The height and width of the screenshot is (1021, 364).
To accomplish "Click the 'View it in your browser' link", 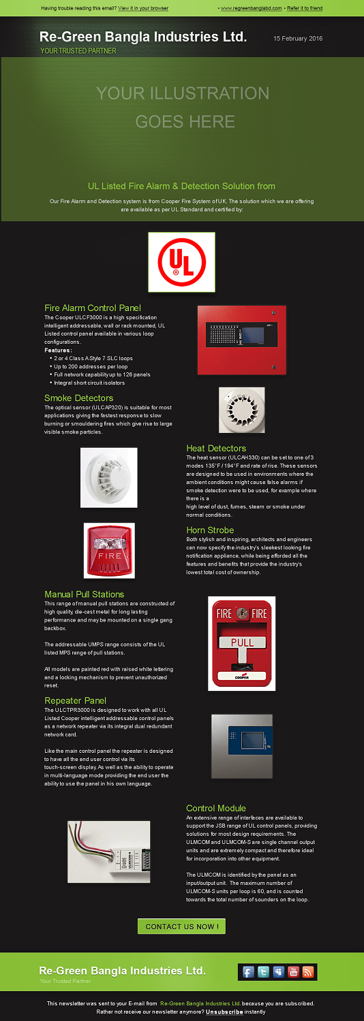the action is [143, 8].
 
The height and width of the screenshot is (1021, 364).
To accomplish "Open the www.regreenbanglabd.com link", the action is [251, 8].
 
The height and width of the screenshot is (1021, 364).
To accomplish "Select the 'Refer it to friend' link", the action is [305, 8].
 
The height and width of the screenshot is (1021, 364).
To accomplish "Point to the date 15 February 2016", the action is [298, 39].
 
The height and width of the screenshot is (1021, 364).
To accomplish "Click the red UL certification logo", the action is [181, 262].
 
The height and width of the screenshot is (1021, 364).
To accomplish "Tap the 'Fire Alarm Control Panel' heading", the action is [93, 308].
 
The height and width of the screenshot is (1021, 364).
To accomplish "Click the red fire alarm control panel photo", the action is [241, 340].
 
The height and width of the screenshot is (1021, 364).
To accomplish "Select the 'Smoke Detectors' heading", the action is [79, 398].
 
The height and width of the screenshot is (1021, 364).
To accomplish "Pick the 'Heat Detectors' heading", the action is [216, 448].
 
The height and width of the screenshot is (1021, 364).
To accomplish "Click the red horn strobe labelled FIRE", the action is [109, 550].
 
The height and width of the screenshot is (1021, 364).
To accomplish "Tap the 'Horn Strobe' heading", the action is [210, 530].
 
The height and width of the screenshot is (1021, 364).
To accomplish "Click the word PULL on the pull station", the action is [242, 642].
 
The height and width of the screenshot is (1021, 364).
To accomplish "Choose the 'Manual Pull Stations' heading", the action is [85, 594].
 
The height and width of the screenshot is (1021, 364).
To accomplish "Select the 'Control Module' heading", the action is [216, 808].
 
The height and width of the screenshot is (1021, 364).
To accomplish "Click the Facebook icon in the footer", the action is [248, 972].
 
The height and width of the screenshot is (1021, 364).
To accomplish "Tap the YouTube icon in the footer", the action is [294, 972].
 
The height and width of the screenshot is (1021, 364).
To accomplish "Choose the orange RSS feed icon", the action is [308, 972].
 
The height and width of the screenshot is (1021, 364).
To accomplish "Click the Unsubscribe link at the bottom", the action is [224, 1011].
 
